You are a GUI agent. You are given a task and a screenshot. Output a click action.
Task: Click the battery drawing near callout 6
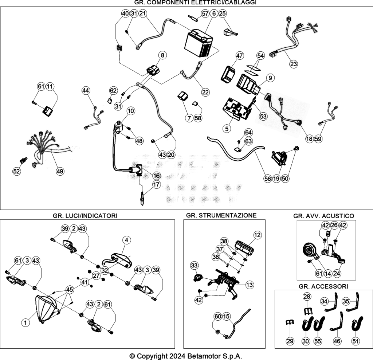(199, 43)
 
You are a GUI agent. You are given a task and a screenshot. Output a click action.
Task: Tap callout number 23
(294, 64)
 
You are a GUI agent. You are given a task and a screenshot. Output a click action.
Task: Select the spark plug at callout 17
(142, 198)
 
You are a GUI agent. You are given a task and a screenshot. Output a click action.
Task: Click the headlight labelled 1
(46, 309)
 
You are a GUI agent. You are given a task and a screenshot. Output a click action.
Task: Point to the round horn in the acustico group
(309, 251)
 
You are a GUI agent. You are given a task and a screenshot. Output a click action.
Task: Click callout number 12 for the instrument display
(258, 235)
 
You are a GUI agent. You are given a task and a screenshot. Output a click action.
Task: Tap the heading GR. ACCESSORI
(323, 286)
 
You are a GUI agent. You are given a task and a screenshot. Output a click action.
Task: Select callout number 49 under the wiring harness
(60, 171)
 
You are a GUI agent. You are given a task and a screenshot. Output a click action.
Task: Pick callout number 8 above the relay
(162, 55)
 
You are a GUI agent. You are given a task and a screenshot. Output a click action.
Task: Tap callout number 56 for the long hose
(268, 179)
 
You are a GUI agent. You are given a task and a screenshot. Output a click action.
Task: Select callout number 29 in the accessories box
(290, 341)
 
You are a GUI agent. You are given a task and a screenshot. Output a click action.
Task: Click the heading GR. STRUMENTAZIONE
(221, 215)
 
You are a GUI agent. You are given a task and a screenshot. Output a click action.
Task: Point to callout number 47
(239, 55)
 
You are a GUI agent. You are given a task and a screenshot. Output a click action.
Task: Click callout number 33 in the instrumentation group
(194, 265)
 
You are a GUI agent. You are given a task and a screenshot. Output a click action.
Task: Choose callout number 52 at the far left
(16, 171)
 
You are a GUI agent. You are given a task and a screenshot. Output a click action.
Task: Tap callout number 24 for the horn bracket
(337, 273)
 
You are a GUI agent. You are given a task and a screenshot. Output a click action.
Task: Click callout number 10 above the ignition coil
(131, 111)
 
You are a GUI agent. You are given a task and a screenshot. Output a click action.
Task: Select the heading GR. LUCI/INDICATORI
(85, 216)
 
